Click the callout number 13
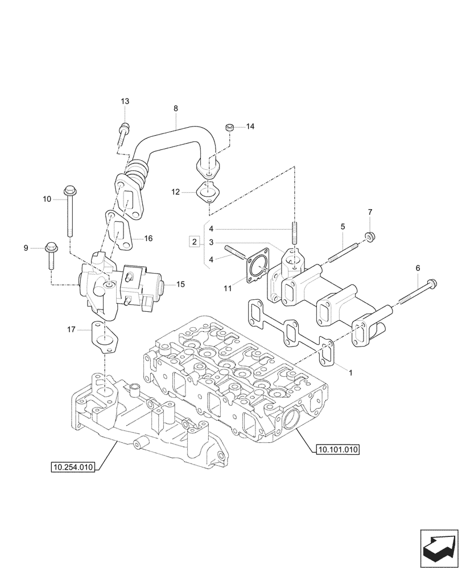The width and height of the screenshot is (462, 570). tap(125, 101)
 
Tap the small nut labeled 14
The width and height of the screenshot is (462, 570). tap(230, 127)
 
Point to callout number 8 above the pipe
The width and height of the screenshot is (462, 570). tap(175, 108)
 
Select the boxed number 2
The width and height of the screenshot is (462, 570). tap(195, 243)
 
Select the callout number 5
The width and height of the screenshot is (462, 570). tap(343, 227)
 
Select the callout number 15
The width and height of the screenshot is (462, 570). tap(181, 283)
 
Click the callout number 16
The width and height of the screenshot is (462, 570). tap(148, 238)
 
